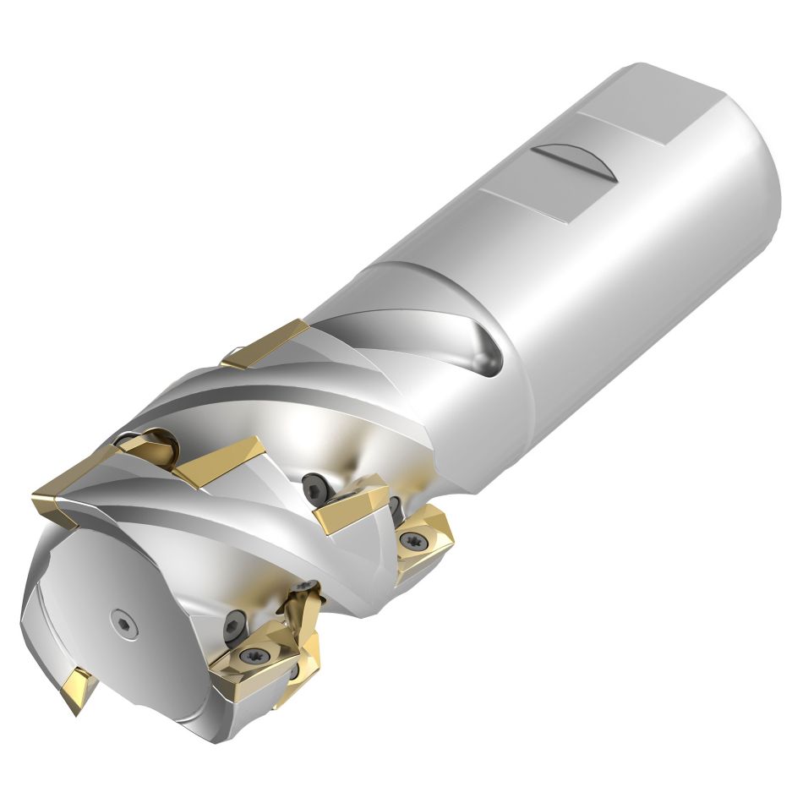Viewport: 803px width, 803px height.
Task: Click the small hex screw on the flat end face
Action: pyautogui.click(x=123, y=622)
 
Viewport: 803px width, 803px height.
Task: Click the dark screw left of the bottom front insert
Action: pyautogui.click(x=234, y=627)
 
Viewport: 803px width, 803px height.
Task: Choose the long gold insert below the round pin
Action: pyautogui.click(x=218, y=462)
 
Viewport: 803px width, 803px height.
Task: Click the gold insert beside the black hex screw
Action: pyautogui.click(x=351, y=505)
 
